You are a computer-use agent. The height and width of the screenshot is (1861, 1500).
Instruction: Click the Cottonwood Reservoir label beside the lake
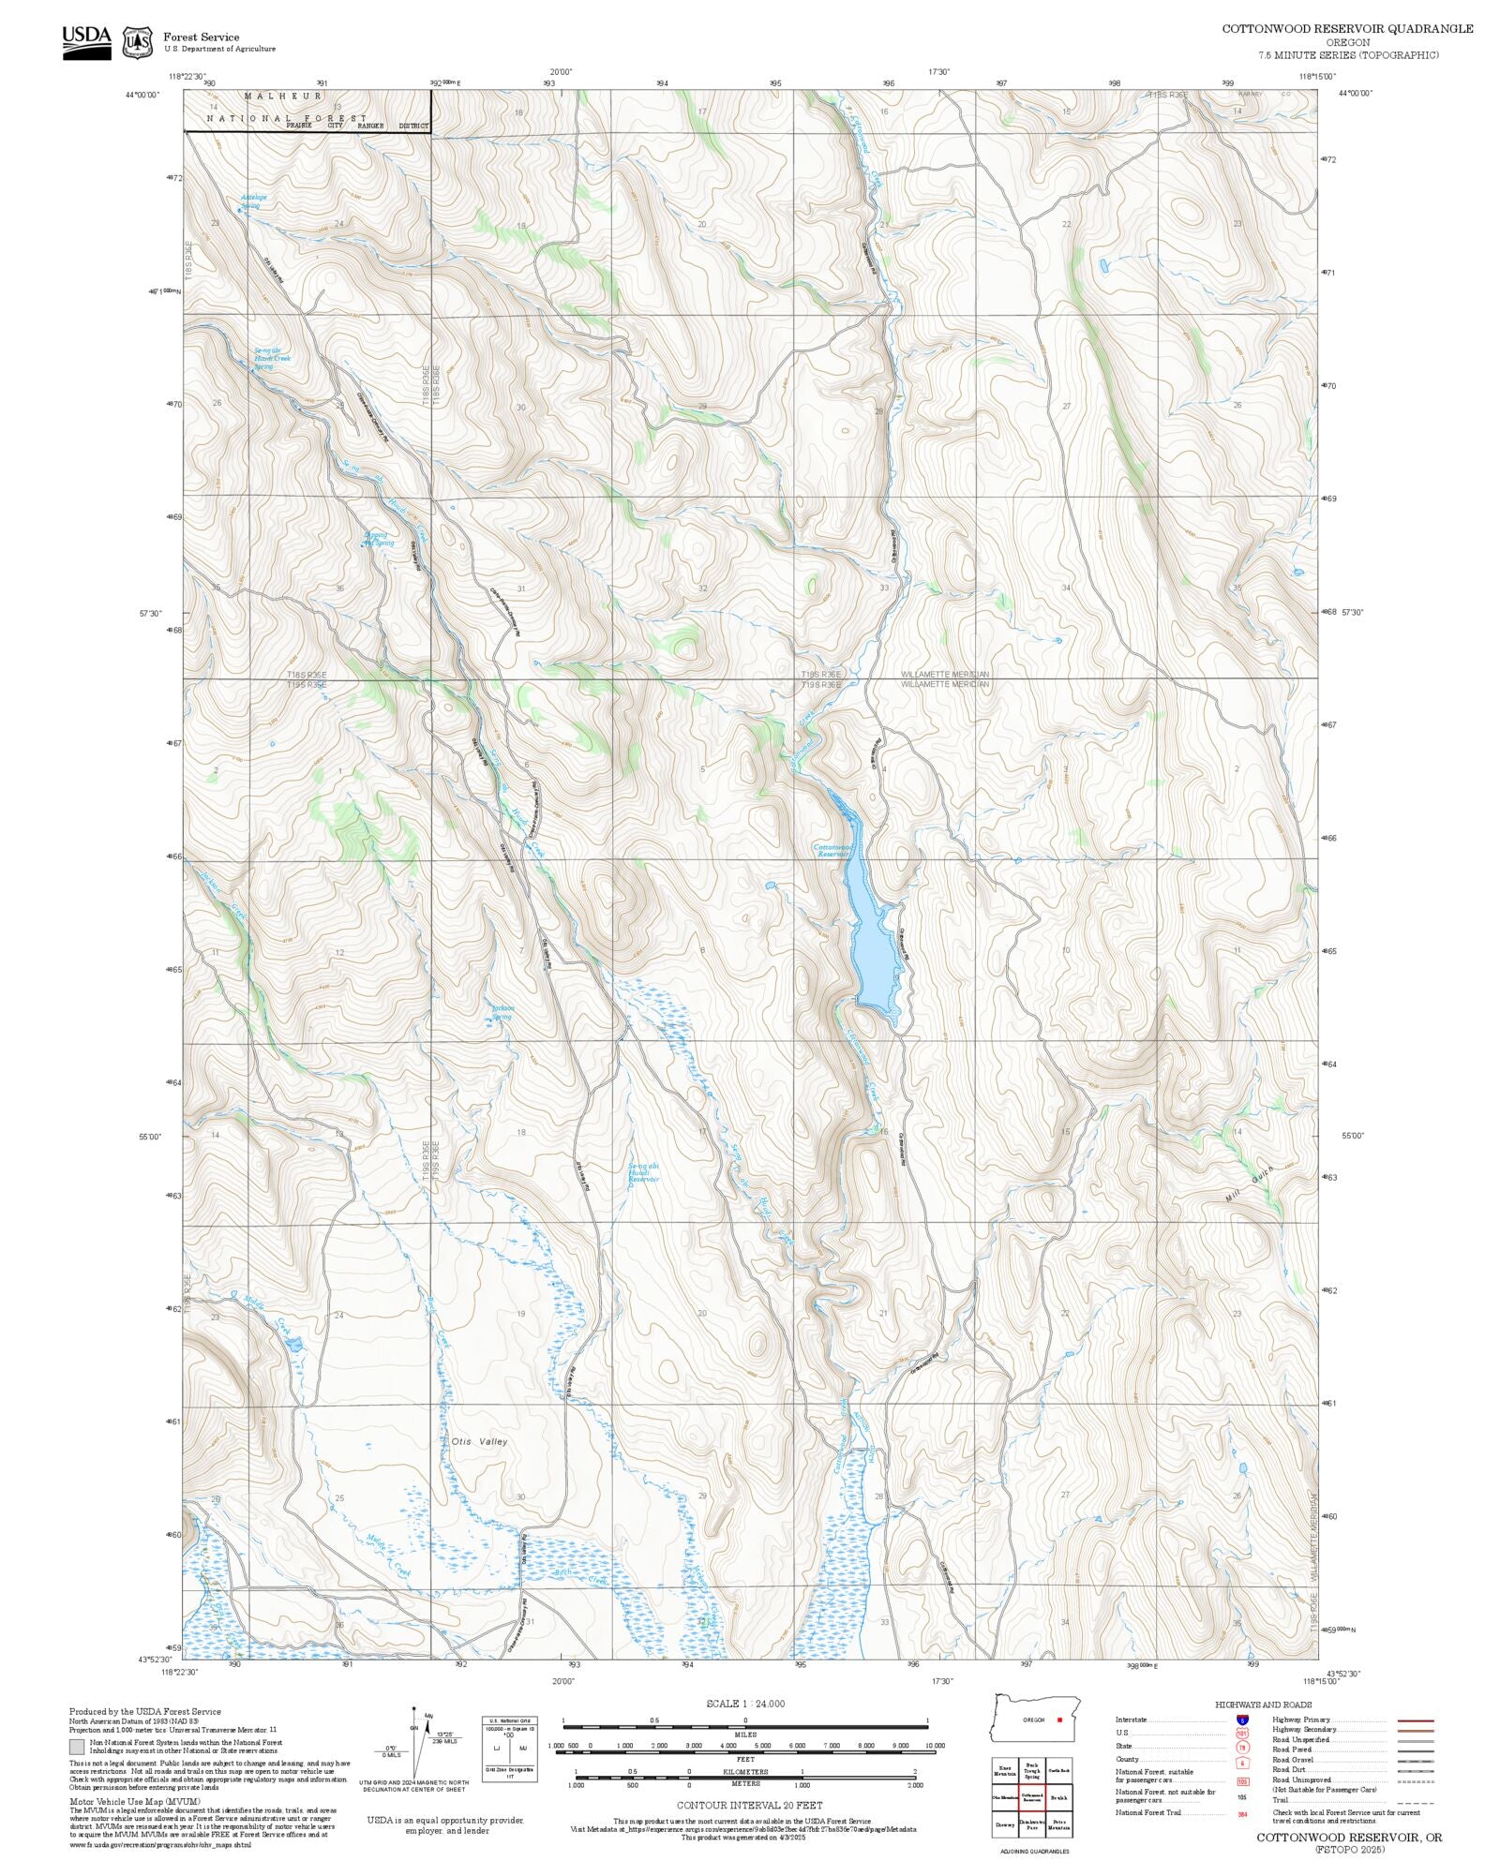click(x=831, y=850)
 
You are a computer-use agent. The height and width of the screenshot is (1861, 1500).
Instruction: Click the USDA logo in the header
click(x=86, y=43)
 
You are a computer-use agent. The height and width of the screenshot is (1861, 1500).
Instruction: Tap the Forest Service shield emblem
click(x=138, y=42)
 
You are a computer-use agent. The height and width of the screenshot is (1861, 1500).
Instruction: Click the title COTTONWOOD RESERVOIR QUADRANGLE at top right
click(x=1347, y=29)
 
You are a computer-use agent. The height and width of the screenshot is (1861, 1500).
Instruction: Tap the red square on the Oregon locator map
click(x=1059, y=1720)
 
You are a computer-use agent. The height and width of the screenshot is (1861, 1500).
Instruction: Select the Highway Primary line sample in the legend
click(x=1416, y=1720)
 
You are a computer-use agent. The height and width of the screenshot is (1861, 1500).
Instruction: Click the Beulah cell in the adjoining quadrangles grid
click(x=1059, y=1797)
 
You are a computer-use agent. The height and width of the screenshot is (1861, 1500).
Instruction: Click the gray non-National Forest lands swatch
click(x=77, y=1747)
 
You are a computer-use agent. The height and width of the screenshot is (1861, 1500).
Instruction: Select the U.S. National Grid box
click(x=510, y=1749)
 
